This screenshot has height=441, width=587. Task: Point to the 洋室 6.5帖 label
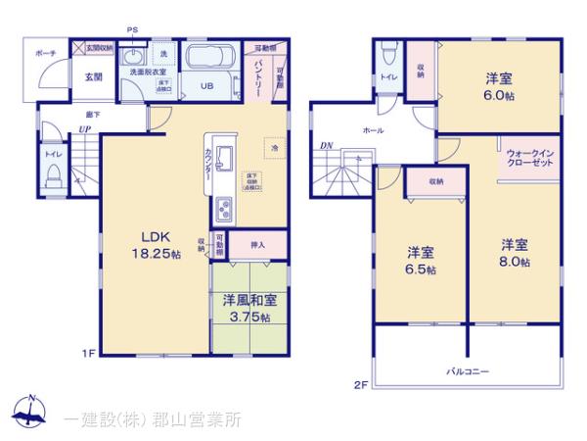pos(422,259)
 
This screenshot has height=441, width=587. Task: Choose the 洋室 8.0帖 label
pos(516,252)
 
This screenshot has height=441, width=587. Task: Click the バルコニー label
pos(469,371)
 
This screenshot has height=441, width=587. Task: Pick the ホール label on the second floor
pos(373,130)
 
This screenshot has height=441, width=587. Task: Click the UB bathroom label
pos(207,86)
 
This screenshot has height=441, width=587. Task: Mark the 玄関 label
pos(93,76)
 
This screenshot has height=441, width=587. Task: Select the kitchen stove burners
pos(223,209)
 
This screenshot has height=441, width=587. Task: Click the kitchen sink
pos(223,156)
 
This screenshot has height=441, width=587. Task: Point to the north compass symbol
pos(31,410)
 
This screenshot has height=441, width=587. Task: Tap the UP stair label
pos(86,128)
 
